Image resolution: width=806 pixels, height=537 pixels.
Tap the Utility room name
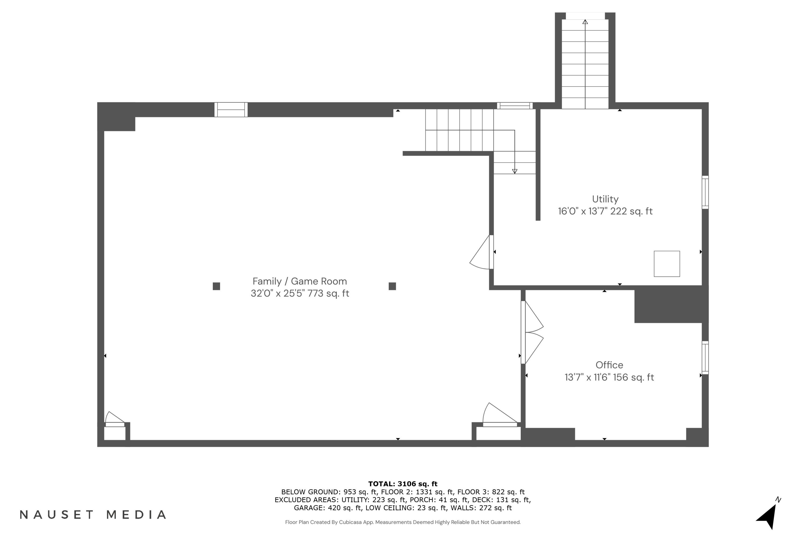click(x=605, y=199)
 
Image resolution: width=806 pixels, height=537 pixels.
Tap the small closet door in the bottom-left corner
click(x=115, y=419)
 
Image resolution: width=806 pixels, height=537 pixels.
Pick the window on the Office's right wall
click(x=705, y=358)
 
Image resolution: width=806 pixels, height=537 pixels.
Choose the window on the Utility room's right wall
click(x=705, y=192)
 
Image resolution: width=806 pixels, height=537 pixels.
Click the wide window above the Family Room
click(x=231, y=110)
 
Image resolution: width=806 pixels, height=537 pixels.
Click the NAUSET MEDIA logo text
click(x=93, y=515)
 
